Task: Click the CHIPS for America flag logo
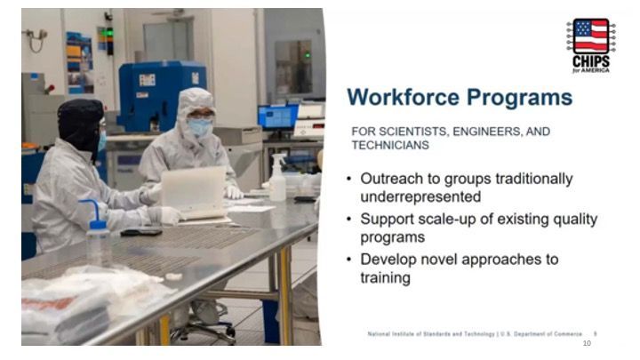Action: (x=591, y=45)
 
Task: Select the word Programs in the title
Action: (x=520, y=99)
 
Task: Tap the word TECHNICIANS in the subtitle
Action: (x=390, y=145)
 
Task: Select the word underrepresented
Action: (x=420, y=196)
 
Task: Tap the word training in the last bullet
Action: (x=385, y=278)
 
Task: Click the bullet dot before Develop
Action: (x=349, y=260)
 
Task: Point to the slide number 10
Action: (x=587, y=343)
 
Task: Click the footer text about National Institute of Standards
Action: (x=475, y=334)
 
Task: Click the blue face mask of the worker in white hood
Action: (x=200, y=127)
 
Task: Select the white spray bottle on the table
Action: (x=278, y=178)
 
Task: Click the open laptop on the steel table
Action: (x=195, y=192)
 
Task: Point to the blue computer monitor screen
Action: (x=278, y=117)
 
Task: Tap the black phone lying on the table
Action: (x=141, y=232)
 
